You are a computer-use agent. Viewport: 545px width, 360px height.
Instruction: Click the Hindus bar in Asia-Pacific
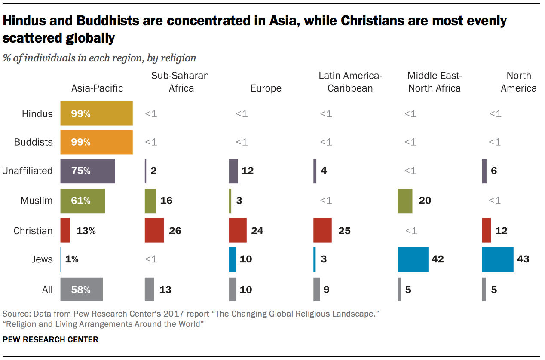(x=97, y=113)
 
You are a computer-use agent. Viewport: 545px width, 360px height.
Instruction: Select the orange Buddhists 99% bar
(x=97, y=142)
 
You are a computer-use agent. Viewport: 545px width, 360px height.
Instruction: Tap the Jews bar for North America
(x=498, y=259)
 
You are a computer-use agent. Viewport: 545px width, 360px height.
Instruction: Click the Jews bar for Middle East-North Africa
(x=413, y=259)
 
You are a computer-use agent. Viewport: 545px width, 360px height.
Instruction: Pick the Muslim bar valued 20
(x=405, y=201)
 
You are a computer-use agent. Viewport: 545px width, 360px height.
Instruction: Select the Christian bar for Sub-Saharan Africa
(x=154, y=231)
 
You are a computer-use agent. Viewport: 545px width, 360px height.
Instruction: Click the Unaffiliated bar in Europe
(x=233, y=171)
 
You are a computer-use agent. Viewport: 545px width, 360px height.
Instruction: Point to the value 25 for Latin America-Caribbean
(x=344, y=231)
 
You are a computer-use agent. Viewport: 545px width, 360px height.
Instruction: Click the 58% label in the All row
(x=81, y=290)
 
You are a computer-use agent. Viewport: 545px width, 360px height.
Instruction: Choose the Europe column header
(x=266, y=88)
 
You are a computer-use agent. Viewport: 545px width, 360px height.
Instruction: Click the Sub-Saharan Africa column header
(x=180, y=82)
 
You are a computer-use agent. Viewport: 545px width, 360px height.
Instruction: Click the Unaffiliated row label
(x=27, y=171)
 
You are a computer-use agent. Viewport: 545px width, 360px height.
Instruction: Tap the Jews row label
(x=42, y=259)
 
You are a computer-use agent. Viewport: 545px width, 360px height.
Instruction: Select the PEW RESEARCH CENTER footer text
(x=50, y=339)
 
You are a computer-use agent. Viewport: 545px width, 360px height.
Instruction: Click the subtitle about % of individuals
(x=99, y=58)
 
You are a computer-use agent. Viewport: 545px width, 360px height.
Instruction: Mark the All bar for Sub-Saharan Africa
(x=149, y=290)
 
